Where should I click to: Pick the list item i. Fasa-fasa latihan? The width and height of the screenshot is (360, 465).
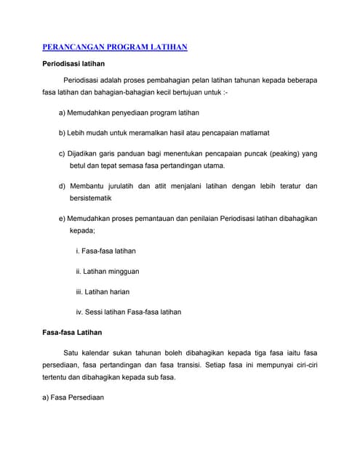coord(106,251)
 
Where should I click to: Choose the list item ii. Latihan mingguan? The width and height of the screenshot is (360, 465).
coord(108,271)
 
